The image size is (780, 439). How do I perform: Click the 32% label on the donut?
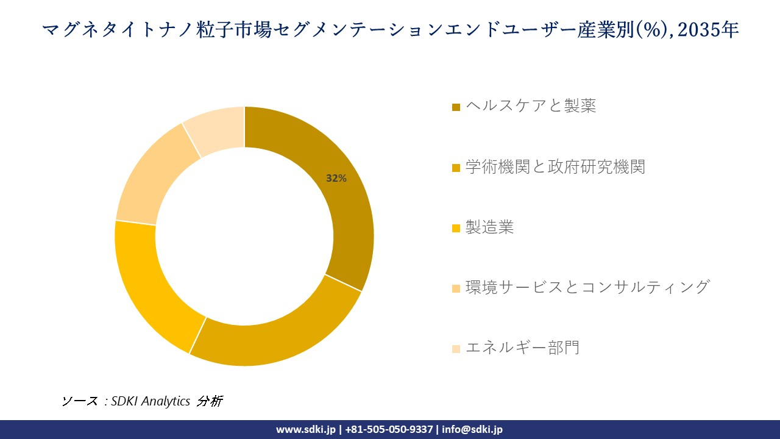(x=336, y=179)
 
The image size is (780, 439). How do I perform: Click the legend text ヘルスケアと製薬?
(x=530, y=106)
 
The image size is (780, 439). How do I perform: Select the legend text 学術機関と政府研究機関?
(x=555, y=166)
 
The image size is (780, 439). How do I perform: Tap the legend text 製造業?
(x=489, y=227)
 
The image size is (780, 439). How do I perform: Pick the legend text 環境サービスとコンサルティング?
(x=587, y=287)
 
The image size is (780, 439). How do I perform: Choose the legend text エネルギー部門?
(x=522, y=348)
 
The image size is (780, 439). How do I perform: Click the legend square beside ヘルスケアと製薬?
(x=456, y=107)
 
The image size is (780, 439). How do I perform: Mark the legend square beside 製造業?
(x=456, y=229)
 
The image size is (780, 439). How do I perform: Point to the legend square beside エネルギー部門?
(x=456, y=349)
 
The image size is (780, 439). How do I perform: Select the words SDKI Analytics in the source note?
(x=151, y=401)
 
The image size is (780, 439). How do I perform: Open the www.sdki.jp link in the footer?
(x=306, y=429)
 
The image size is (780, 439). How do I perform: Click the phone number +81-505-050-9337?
(x=389, y=429)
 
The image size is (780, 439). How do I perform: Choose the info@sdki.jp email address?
(x=473, y=429)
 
